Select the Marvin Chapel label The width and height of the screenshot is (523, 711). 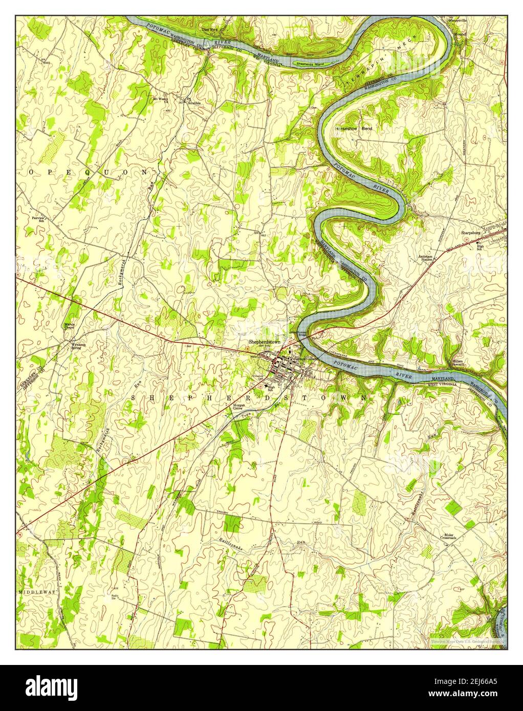[x=70, y=326]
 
